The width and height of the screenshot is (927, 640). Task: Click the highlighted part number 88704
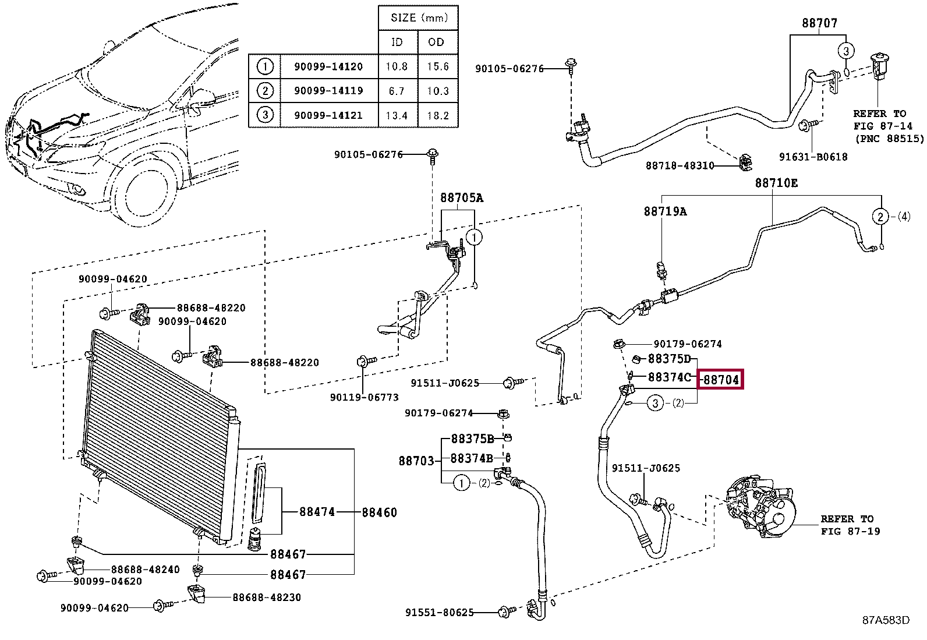tap(721, 380)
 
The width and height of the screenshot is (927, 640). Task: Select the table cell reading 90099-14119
tap(328, 90)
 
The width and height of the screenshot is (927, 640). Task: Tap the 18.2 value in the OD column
tap(438, 115)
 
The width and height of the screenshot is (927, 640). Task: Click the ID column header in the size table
tap(397, 42)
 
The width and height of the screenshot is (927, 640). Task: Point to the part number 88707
tap(819, 23)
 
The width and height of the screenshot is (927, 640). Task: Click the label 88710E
tap(776, 183)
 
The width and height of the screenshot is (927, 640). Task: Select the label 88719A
tap(665, 211)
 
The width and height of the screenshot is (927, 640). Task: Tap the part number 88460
tap(379, 512)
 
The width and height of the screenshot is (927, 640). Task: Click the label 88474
tap(317, 512)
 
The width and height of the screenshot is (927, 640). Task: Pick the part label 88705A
tap(461, 198)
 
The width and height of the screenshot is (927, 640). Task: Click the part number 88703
tap(416, 461)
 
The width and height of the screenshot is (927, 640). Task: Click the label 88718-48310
tap(680, 165)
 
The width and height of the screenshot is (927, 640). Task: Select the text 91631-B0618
tap(813, 157)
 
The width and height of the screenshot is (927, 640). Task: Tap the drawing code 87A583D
tap(885, 620)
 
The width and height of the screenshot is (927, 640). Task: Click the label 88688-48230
tap(267, 597)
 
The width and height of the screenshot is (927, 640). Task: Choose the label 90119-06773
tap(364, 397)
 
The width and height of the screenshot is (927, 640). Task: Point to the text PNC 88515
tap(889, 139)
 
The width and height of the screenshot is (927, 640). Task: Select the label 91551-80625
tap(439, 613)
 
